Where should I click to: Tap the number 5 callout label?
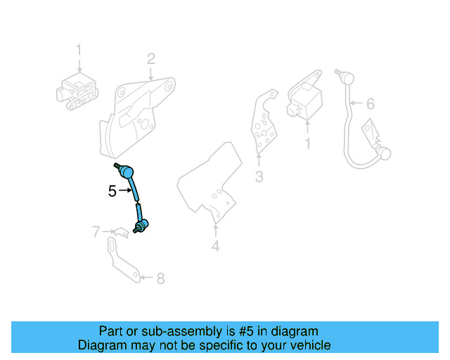[x=112, y=191]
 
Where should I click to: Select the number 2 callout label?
[x=150, y=58]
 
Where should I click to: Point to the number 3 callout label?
[x=259, y=177]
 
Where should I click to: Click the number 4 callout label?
[x=215, y=246]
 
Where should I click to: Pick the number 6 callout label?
[x=371, y=104]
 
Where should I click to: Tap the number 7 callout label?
[x=96, y=231]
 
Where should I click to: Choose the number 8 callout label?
[x=160, y=278]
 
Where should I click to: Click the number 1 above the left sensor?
[x=79, y=51]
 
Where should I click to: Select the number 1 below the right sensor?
[x=307, y=144]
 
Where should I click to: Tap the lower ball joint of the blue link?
[x=140, y=225]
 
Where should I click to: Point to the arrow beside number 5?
[x=124, y=191]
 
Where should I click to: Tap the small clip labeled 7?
[x=120, y=231]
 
